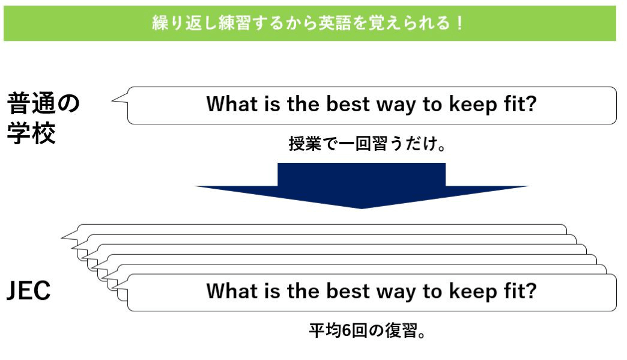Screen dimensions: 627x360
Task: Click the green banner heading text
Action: pos(307,23)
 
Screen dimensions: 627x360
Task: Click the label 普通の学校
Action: pos(43,118)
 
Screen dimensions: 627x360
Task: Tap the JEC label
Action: pos(29,291)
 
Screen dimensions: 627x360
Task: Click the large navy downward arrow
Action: pos(362,186)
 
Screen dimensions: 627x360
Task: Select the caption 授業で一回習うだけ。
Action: pos(367,144)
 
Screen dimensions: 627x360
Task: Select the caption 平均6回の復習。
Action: pos(367,331)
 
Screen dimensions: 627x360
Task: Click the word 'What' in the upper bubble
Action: pos(232,104)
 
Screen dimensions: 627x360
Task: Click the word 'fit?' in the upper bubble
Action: pos(520,104)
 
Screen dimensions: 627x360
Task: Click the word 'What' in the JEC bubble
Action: pos(232,291)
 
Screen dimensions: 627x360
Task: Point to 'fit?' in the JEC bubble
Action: pos(520,291)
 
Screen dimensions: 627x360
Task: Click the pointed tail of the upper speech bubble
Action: pos(112,100)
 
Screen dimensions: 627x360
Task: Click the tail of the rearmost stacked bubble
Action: pos(62,237)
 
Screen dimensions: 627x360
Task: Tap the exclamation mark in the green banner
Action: pos(459,23)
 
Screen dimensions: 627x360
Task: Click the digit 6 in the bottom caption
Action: pos(347,331)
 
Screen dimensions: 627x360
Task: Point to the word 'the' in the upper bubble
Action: pos(303,104)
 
